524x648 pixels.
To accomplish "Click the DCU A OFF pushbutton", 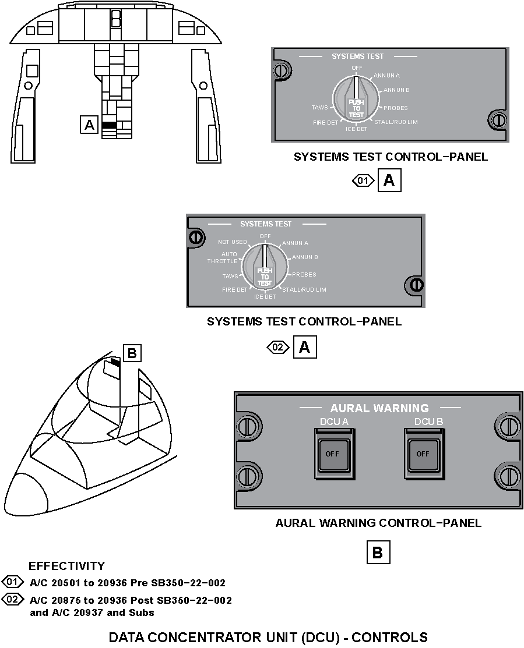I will coord(332,454).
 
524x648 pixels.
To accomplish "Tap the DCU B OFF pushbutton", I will coord(423,454).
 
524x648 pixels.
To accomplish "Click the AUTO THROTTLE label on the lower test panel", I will coord(223,258).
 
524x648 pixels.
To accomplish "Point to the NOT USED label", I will coord(233,242).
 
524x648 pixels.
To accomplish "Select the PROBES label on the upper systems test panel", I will coord(396,108).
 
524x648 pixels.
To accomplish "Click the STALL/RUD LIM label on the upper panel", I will coord(396,122).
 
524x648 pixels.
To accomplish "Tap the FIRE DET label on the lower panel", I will coord(235,289).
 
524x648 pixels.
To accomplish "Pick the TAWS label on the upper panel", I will coord(319,108).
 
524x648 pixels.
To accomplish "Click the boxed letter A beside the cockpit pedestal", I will coord(89,125).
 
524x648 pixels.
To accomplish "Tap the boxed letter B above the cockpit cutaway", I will coord(132,353).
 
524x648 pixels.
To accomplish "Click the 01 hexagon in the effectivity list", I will coord(12,582).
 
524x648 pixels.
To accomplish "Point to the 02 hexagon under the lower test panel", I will coord(278,348).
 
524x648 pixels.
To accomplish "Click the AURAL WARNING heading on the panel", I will coord(379,408).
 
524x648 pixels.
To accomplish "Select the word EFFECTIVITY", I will coord(66,566).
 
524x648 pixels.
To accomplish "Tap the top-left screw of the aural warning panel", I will coord(249,426).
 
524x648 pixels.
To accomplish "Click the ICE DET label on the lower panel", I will coord(265,297).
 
